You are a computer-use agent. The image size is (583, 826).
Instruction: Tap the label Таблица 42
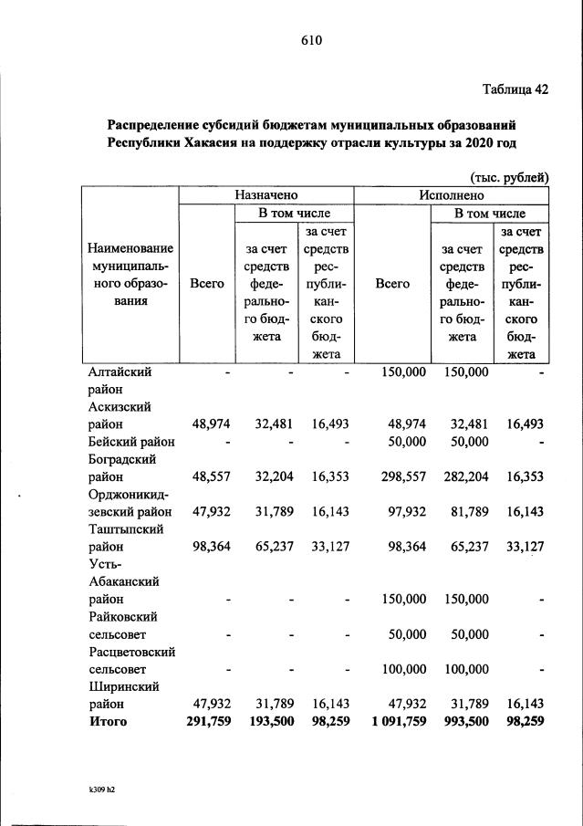tap(515, 89)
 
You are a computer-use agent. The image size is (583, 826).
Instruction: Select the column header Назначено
tap(265, 195)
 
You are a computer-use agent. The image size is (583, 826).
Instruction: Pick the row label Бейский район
tap(131, 442)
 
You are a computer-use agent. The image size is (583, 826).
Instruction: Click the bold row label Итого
tap(108, 722)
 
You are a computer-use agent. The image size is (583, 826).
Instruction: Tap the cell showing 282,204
tap(466, 476)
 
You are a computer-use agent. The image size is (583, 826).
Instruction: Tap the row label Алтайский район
tap(120, 381)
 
